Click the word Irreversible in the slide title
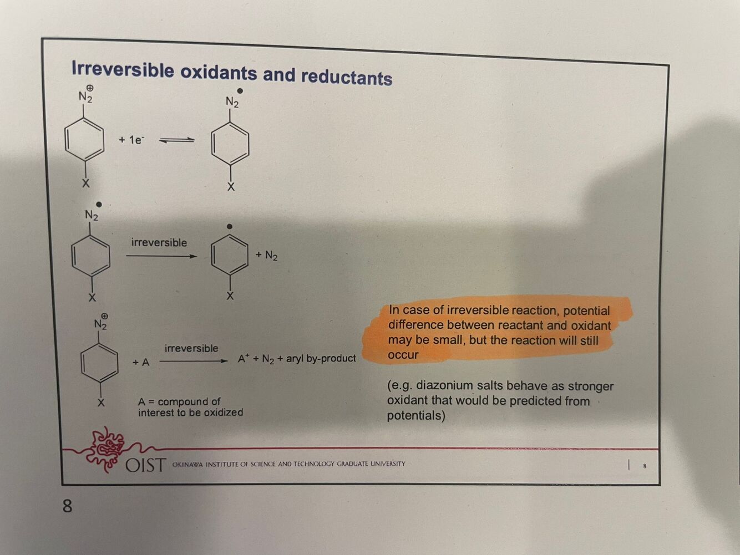[x=123, y=70]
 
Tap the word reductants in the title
[x=347, y=77]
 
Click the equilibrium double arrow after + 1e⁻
[x=177, y=140]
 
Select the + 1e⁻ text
[x=131, y=140]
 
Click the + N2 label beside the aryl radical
[x=266, y=255]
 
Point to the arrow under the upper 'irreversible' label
[x=161, y=256]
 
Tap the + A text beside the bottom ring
[x=141, y=362]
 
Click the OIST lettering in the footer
[x=145, y=465]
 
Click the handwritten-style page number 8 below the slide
[x=67, y=506]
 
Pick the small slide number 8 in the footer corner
[x=644, y=466]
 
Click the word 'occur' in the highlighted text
[x=403, y=355]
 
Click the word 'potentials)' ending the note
[x=416, y=415]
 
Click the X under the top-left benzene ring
[x=85, y=184]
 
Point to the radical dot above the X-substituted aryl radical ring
[x=230, y=226]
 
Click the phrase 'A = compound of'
[x=179, y=401]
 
